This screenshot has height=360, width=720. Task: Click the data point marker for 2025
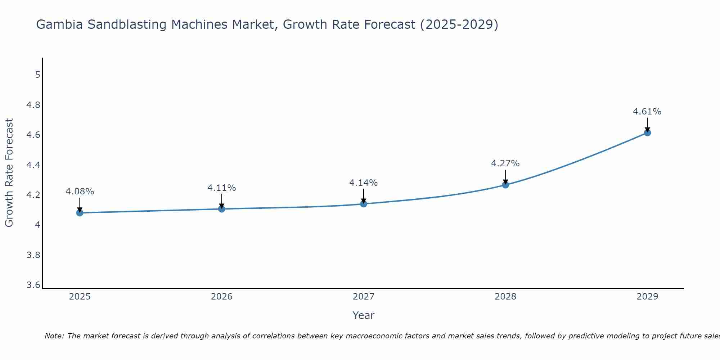point(80,213)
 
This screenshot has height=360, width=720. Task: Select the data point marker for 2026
point(221,209)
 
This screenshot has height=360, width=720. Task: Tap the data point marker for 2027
point(364,204)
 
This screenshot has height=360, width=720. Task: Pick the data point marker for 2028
point(505,185)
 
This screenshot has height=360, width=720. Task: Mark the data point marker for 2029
point(647,133)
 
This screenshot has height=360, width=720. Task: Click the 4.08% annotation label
point(80,192)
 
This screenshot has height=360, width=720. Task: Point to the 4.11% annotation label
point(221,188)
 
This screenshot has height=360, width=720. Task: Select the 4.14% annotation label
point(364,183)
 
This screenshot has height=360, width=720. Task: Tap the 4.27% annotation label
point(505,163)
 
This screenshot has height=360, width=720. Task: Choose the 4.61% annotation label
point(647,112)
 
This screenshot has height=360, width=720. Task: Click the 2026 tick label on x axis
point(221,297)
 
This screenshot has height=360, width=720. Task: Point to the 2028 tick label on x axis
point(505,297)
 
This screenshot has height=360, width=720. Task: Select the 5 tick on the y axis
point(37,75)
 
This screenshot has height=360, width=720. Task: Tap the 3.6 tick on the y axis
point(33,285)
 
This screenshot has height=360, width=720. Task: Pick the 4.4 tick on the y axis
point(33,165)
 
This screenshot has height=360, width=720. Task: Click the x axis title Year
point(364,315)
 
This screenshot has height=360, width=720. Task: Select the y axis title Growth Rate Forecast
point(9,173)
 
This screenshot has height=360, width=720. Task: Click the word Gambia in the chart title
point(59,24)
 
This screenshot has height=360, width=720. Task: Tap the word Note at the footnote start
point(54,336)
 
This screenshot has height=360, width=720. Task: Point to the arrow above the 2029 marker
point(647,125)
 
